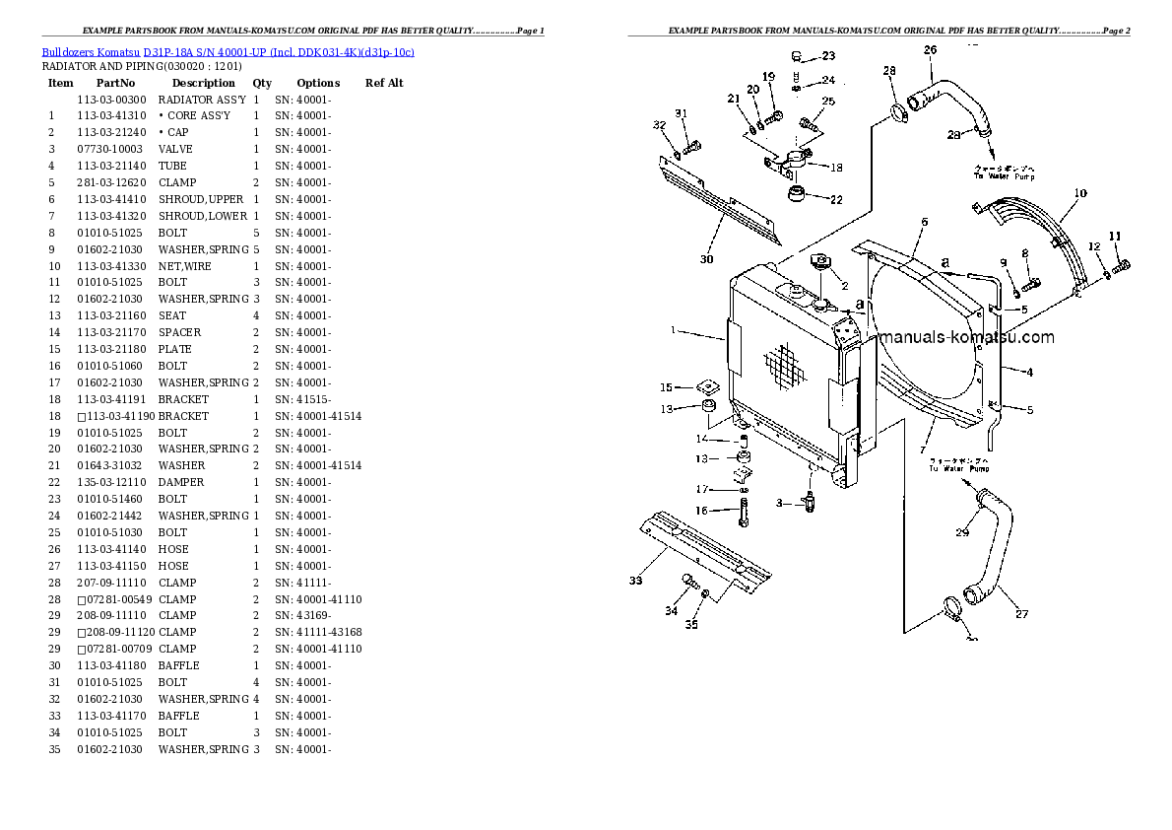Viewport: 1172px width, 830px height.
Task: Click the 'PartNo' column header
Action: (x=115, y=83)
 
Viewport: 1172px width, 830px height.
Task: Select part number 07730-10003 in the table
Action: (x=110, y=149)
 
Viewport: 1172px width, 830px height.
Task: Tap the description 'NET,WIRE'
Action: (x=185, y=266)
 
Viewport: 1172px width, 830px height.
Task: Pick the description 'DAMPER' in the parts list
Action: (x=181, y=482)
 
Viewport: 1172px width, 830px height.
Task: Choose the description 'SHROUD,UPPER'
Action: (x=201, y=199)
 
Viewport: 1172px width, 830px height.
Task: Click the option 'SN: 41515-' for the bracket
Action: (x=302, y=399)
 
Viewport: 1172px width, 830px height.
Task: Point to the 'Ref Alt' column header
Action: (x=384, y=83)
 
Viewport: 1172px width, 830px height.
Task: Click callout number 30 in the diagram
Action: (x=706, y=259)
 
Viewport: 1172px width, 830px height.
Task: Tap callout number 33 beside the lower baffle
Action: (x=636, y=581)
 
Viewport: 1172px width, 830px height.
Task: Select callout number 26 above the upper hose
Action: (x=930, y=49)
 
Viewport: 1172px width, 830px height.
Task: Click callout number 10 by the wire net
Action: (x=1079, y=193)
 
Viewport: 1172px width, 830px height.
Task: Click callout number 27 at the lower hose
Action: (x=1021, y=614)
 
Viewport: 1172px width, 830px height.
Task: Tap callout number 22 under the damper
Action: (x=836, y=199)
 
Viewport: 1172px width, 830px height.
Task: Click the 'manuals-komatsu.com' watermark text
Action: (x=966, y=337)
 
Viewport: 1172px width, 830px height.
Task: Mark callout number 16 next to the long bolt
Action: (x=702, y=510)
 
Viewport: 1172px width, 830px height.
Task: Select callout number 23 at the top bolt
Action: (x=827, y=56)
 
